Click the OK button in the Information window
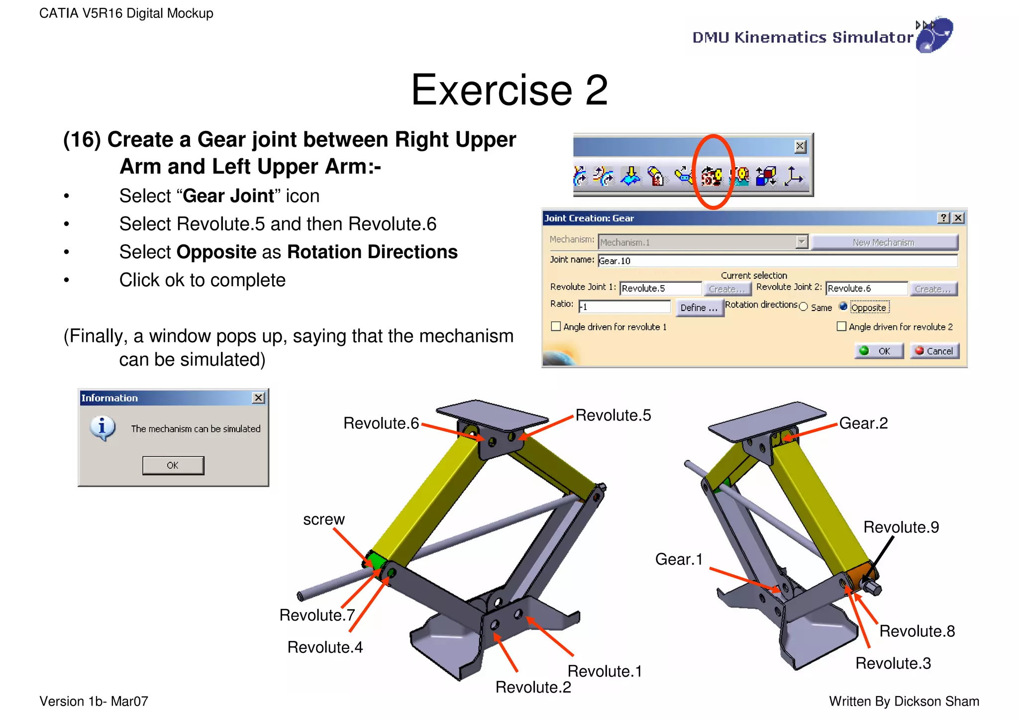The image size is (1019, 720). point(173,465)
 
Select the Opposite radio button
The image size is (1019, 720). point(843,307)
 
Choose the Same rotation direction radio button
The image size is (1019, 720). point(803,307)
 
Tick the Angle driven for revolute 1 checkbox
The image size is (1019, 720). point(556,326)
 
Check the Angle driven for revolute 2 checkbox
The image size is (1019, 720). point(841,326)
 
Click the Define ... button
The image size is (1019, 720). point(699,308)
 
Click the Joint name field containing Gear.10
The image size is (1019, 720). point(777,261)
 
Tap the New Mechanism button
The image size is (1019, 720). point(884,242)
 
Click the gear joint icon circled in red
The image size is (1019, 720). point(712,176)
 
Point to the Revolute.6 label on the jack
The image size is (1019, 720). point(381,423)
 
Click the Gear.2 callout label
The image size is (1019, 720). point(863,423)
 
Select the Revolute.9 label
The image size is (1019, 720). point(901,527)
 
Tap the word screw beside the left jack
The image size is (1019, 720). point(324,519)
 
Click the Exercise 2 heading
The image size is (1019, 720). point(509,90)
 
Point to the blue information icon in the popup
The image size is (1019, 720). point(102,428)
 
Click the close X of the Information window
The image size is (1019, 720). point(258,398)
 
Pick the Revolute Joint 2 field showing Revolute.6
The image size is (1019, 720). point(866,289)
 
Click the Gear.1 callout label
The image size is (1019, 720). point(679,559)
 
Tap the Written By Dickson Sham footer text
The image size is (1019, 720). point(904,702)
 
